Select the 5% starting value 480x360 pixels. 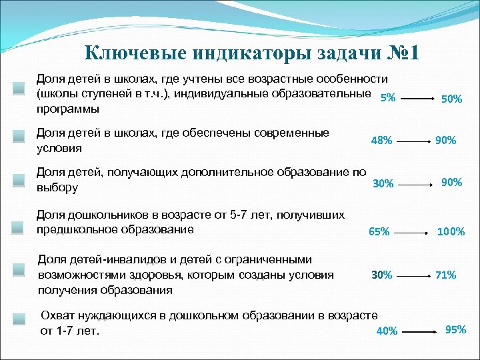387,98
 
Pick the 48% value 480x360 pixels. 381,141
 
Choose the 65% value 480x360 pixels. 379,232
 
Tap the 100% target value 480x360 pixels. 451,232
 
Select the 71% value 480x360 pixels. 446,275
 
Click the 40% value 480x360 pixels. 387,331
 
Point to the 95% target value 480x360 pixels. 455,329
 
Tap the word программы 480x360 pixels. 67,108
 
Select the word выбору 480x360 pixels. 57,188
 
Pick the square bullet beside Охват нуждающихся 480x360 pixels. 19,322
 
